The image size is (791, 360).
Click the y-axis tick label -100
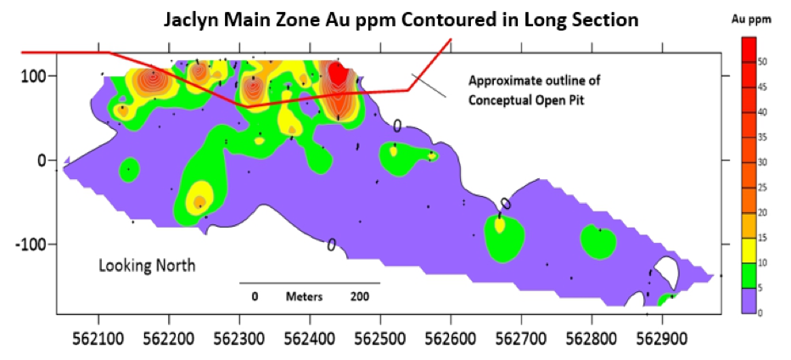click(30, 245)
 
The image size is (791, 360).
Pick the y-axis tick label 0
click(40, 160)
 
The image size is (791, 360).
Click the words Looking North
click(147, 266)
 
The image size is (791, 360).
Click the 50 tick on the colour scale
click(762, 61)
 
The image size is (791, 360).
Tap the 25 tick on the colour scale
click(762, 187)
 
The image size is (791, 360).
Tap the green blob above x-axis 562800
click(598, 241)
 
